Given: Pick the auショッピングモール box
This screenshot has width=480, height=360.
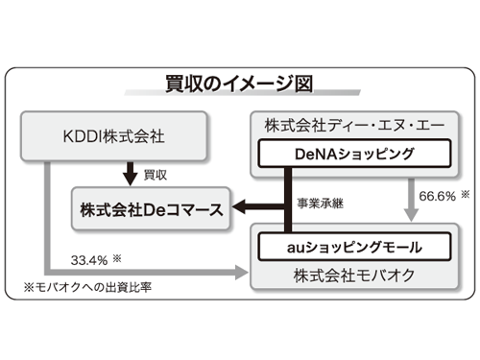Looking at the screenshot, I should [x=341, y=247].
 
